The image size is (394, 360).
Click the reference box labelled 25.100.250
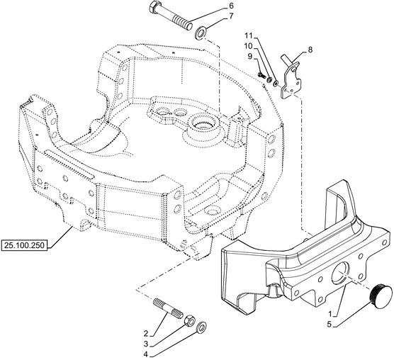24,245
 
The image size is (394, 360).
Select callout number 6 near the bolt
231,6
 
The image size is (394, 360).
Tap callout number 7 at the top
231,16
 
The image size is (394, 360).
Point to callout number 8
310,50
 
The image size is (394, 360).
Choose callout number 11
249,35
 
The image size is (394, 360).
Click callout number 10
248,46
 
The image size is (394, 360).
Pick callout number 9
249,56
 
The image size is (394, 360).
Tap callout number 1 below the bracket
331,314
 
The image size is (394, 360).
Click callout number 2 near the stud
146,334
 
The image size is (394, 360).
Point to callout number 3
146,344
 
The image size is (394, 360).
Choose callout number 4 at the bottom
146,354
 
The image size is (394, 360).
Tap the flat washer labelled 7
201,33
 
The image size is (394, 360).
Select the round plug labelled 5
381,297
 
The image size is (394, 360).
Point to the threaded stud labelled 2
168,308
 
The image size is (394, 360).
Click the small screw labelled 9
261,74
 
